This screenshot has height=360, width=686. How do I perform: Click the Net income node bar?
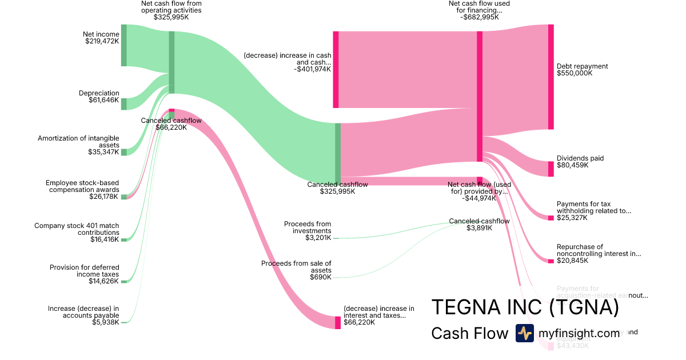click(x=123, y=45)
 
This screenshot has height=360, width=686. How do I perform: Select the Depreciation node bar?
click(x=123, y=103)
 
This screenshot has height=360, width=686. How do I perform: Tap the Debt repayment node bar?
click(x=551, y=77)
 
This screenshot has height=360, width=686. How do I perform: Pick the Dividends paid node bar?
click(x=551, y=169)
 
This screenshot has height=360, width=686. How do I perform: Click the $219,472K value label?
click(x=102, y=41)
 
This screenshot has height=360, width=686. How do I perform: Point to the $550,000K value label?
click(x=575, y=73)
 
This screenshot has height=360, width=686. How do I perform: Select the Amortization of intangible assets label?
click(x=78, y=142)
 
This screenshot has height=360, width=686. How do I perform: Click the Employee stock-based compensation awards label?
click(x=82, y=186)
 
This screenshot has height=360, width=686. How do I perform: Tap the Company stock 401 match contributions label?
click(x=77, y=229)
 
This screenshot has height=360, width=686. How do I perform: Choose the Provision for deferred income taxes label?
click(x=84, y=270)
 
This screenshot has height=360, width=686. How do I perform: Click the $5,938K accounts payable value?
click(x=106, y=322)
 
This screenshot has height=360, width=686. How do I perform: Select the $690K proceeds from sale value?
click(x=321, y=277)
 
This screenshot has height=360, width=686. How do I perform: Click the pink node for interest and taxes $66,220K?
click(x=337, y=322)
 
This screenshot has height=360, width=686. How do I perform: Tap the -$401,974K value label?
click(x=313, y=69)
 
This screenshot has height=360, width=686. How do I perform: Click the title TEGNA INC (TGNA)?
click(x=525, y=307)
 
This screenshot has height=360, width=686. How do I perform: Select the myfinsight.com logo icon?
click(x=524, y=333)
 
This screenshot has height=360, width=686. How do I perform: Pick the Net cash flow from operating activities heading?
click(x=171, y=7)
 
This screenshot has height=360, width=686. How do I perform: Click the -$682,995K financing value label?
click(x=479, y=17)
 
